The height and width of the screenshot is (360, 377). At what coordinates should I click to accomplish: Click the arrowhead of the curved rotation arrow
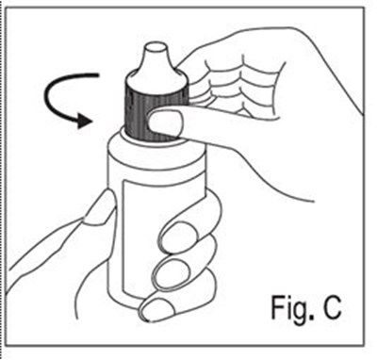click(x=84, y=121)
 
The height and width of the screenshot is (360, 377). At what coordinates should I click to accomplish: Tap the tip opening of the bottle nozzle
click(x=156, y=48)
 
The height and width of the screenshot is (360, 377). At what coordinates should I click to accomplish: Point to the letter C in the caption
click(x=330, y=306)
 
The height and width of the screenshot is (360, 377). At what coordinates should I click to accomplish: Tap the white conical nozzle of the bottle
click(x=156, y=66)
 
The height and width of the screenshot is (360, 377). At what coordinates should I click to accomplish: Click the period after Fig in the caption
click(x=311, y=317)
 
